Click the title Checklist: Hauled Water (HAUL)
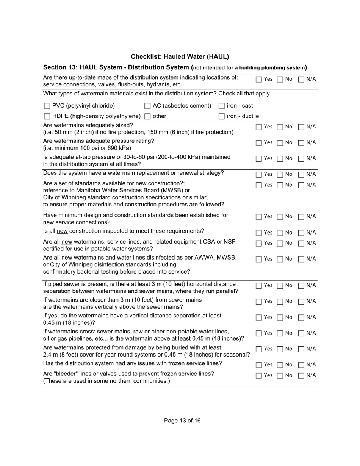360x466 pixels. [180, 57]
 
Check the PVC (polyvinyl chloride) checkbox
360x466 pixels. [47, 106]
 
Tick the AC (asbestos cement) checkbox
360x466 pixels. [148, 106]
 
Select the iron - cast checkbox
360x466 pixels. [222, 106]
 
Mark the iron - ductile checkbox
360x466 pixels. [222, 117]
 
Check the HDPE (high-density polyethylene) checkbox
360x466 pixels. [47, 117]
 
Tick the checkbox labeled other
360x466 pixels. [148, 117]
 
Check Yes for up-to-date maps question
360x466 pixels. [258, 80]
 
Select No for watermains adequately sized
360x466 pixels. [280, 127]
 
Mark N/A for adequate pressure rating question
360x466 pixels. [301, 143]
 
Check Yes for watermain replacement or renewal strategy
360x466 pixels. [258, 175]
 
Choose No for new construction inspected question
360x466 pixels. [280, 233]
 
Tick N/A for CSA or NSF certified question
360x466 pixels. [301, 243]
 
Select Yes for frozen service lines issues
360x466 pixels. [258, 365]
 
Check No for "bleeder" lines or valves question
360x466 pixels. [280, 376]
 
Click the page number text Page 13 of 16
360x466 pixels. [182, 421]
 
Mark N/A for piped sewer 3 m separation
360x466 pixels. [301, 286]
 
